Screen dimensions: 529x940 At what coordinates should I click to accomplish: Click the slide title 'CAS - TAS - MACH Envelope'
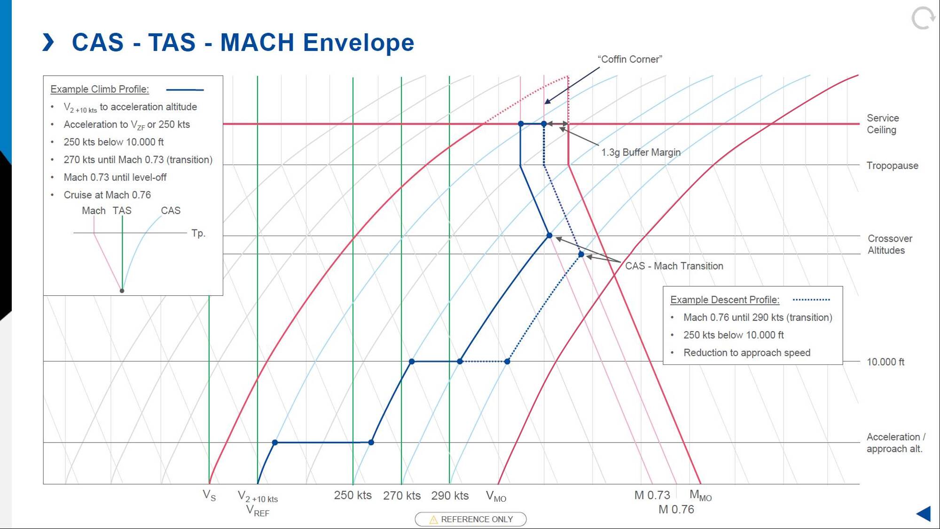pos(243,42)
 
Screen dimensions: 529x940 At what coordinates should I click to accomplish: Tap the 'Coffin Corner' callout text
pos(629,59)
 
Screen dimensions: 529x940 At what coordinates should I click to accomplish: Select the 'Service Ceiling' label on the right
pos(882,124)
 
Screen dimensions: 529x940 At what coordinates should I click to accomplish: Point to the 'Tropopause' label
pos(892,166)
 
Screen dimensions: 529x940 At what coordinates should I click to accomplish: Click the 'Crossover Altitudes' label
pos(889,245)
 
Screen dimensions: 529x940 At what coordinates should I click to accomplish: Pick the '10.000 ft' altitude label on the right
pos(885,362)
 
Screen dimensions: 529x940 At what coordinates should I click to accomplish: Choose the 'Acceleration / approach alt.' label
pos(895,443)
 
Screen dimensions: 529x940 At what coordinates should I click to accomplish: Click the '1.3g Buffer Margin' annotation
pos(641,152)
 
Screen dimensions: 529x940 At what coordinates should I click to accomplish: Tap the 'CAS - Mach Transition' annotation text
pos(674,266)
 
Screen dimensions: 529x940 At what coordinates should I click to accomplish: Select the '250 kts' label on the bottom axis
pos(352,496)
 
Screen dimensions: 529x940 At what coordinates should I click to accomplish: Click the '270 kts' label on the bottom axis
pos(401,496)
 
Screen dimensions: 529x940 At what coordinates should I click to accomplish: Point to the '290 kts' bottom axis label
pos(450,496)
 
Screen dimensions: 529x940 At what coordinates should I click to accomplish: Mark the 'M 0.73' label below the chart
pos(652,495)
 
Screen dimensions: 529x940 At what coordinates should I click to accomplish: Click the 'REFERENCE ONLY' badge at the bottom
pos(470,519)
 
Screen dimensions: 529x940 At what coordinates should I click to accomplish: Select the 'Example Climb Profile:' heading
pos(100,89)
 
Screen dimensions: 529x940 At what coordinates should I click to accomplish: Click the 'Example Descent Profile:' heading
pos(724,300)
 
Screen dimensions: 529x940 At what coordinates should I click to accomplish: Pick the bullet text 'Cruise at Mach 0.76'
pos(107,195)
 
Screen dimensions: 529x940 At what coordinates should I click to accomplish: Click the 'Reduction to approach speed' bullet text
pos(746,353)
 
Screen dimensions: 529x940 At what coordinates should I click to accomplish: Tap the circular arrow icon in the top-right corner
pos(923,18)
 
